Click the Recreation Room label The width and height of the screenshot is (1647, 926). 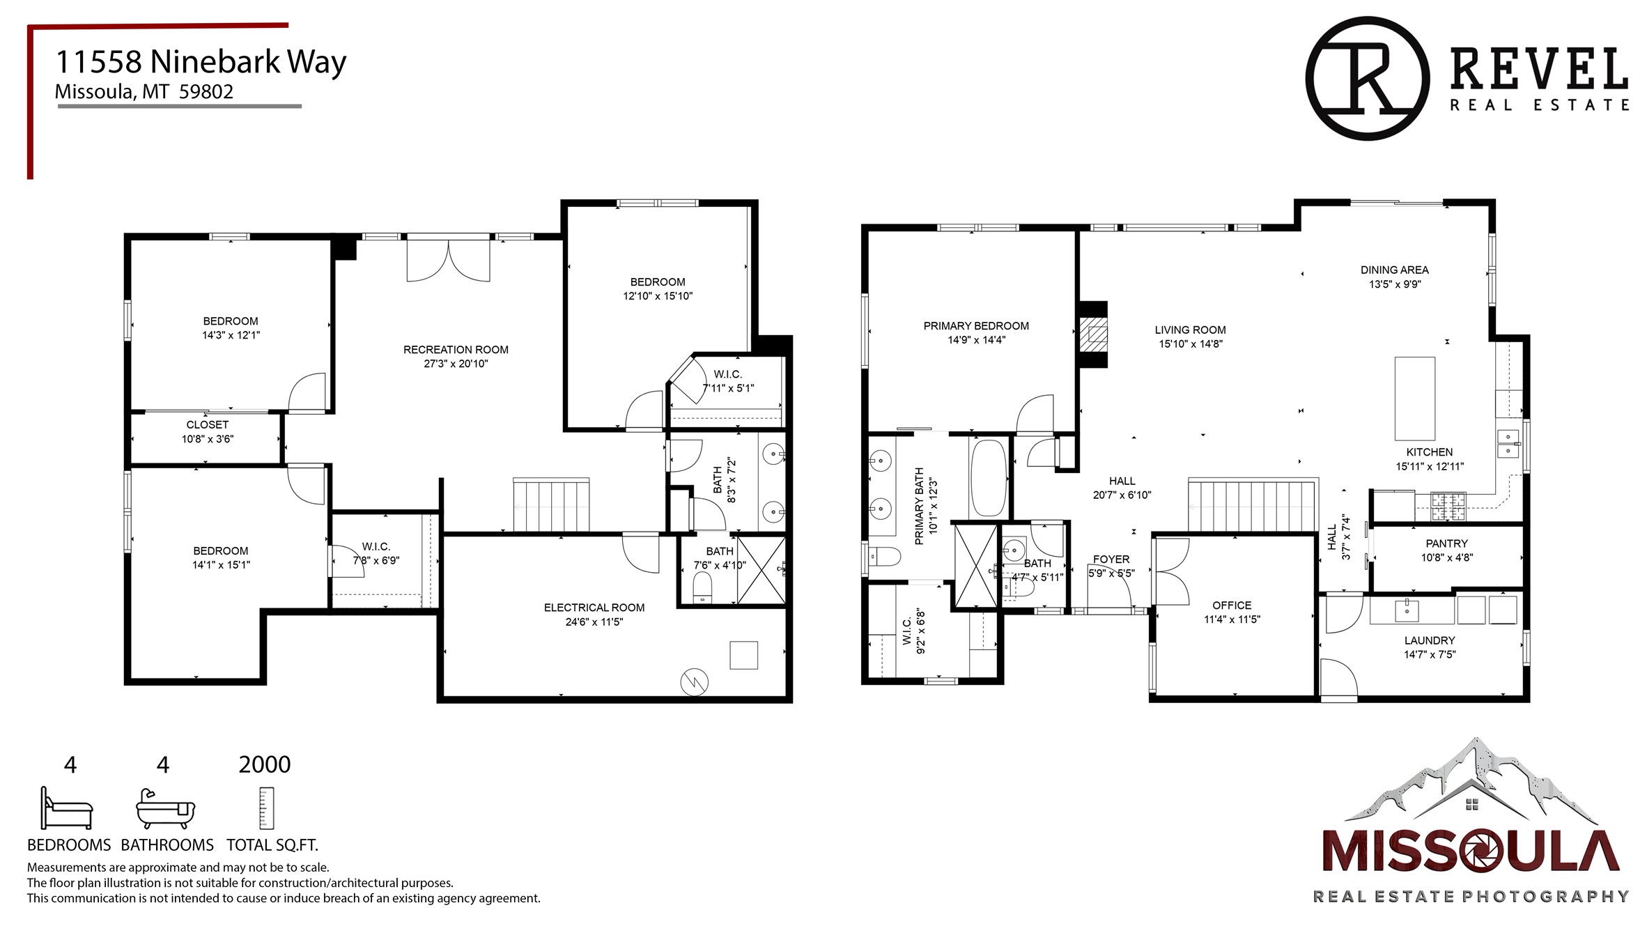pyautogui.click(x=456, y=350)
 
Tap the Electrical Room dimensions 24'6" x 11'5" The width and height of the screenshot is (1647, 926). pyautogui.click(x=594, y=622)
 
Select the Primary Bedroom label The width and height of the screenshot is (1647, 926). pyautogui.click(x=976, y=326)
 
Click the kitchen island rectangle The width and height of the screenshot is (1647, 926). pyautogui.click(x=1414, y=398)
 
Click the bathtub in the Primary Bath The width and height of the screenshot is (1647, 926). pyautogui.click(x=989, y=477)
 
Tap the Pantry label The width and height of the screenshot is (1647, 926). pyautogui.click(x=1446, y=543)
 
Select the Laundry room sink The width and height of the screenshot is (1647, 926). pyautogui.click(x=1407, y=611)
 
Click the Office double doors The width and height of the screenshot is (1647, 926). pyautogui.click(x=1171, y=571)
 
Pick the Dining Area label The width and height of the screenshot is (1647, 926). pyautogui.click(x=1394, y=270)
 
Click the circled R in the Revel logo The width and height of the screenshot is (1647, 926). pyautogui.click(x=1368, y=79)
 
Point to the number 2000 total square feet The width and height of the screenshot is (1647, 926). pyautogui.click(x=265, y=764)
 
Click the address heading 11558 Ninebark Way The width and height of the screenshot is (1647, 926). pyautogui.click(x=201, y=62)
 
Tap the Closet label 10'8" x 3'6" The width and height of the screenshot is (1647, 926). pyautogui.click(x=208, y=432)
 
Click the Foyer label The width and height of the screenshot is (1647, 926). pyautogui.click(x=1111, y=560)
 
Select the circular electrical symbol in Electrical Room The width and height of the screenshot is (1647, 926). pyautogui.click(x=695, y=681)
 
